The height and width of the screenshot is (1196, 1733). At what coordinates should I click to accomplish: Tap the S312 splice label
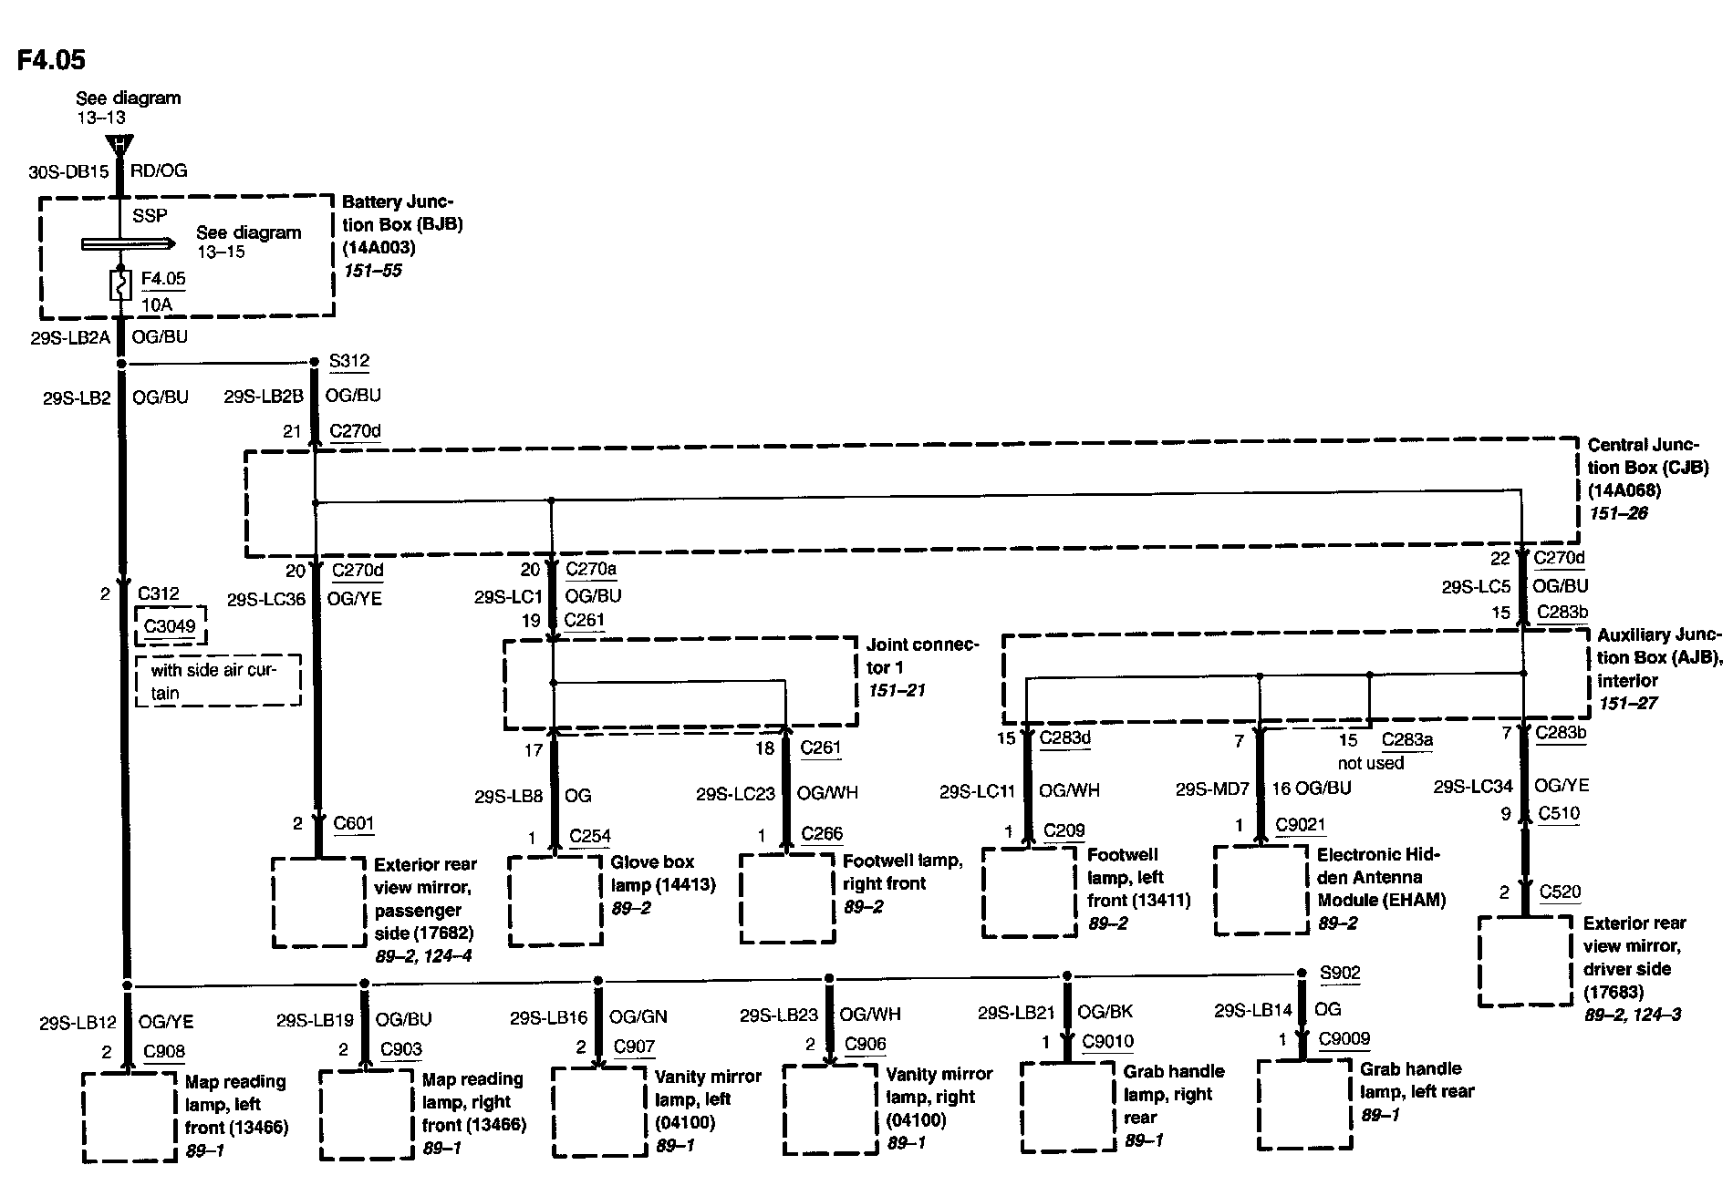tap(349, 361)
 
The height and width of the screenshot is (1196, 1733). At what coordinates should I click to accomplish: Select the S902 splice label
tap(1340, 973)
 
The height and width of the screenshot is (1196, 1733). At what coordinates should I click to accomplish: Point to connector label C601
tap(354, 823)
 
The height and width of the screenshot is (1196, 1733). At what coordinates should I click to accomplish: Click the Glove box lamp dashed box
tap(555, 901)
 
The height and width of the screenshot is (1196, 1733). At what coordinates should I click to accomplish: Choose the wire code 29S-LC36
tap(266, 600)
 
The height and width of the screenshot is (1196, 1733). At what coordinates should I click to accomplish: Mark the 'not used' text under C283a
tap(1370, 763)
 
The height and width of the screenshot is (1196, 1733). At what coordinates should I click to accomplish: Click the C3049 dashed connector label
tap(171, 626)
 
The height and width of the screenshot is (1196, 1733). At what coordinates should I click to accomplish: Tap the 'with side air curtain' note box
tap(218, 681)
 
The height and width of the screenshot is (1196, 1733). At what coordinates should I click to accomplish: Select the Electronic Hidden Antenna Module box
tap(1261, 891)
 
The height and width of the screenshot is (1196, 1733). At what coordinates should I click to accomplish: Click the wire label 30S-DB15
tap(68, 171)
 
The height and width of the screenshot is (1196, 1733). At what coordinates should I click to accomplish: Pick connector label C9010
tap(1107, 1041)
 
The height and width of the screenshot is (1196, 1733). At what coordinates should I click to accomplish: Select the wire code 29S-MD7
tap(1211, 789)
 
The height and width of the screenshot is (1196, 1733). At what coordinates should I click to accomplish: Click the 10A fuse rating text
tap(157, 304)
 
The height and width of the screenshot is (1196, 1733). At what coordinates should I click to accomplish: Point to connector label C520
tap(1560, 892)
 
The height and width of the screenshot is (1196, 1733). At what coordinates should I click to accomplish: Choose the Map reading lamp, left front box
tap(129, 1117)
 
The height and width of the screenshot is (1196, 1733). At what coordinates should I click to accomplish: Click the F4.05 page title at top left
tap(51, 60)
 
